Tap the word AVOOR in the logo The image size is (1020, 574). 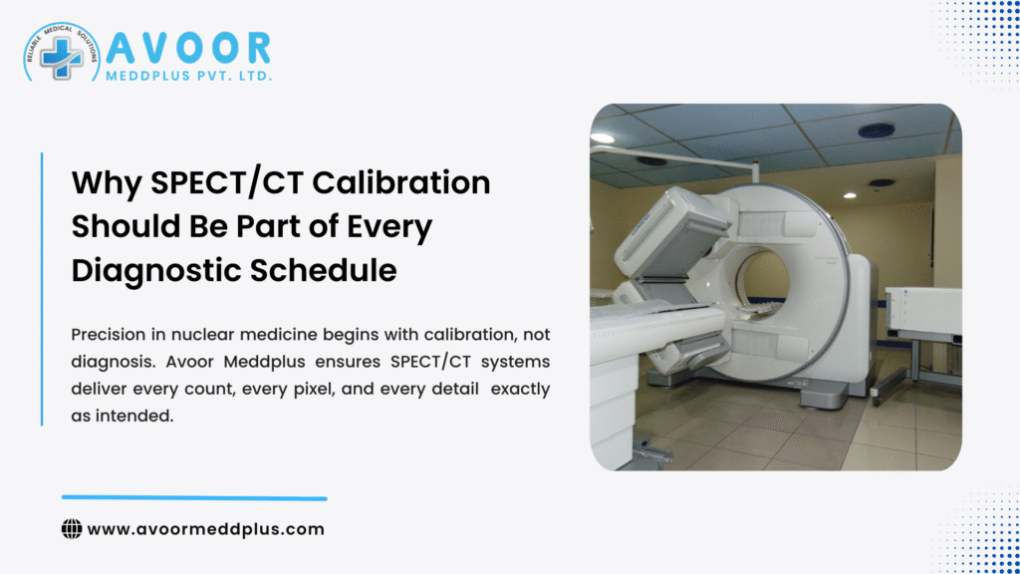coord(188,47)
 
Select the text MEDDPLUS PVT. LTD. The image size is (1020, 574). coord(188,76)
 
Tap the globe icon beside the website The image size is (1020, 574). coord(72,529)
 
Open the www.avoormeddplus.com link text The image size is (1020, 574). coord(206,529)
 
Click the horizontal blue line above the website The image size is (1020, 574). coord(194,497)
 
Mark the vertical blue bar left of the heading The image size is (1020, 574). coord(42,289)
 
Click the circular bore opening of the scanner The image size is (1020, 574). coord(762,279)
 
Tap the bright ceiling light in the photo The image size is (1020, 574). coord(603,138)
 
